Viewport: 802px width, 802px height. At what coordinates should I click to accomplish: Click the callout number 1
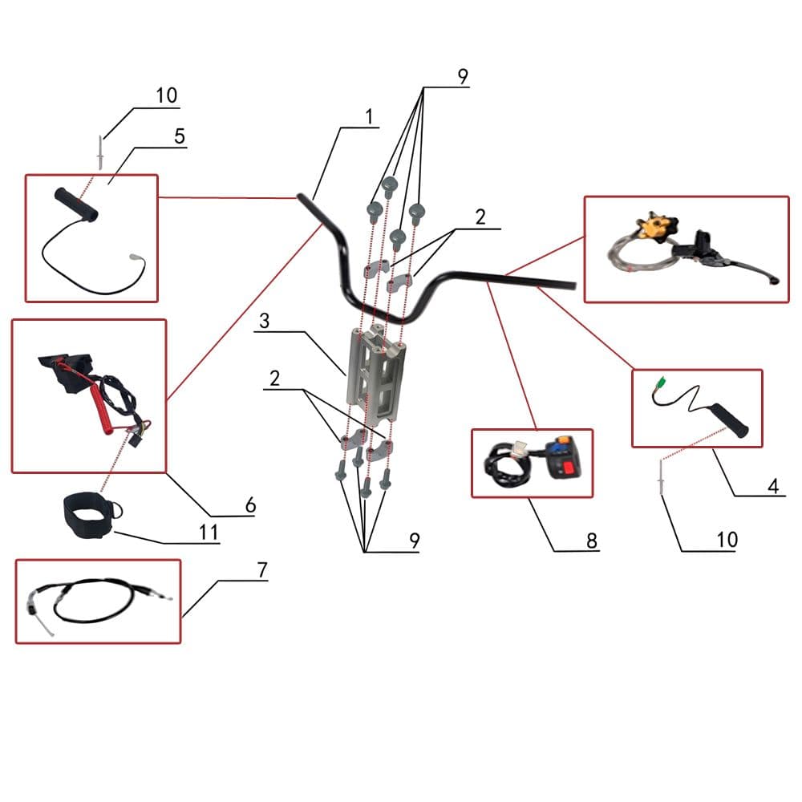click(x=369, y=116)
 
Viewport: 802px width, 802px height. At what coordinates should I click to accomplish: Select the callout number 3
click(x=264, y=321)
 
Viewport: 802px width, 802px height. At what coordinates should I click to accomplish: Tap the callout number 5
click(x=179, y=136)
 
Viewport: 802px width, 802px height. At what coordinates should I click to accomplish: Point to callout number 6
click(x=250, y=504)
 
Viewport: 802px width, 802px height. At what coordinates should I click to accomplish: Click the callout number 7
click(x=262, y=569)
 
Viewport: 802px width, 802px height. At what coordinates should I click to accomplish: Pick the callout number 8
click(x=591, y=540)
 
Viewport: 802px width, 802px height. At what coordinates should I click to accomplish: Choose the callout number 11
click(x=209, y=532)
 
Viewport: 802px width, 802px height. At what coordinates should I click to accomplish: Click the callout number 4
click(x=773, y=485)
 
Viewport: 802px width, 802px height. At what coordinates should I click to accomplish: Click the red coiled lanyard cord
click(x=103, y=404)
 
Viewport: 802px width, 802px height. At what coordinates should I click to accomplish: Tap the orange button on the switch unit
click(x=564, y=439)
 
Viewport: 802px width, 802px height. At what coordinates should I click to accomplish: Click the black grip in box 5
click(x=75, y=205)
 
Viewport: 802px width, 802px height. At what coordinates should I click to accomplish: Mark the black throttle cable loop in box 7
click(x=95, y=600)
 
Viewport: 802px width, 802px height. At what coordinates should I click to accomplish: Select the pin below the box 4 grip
click(x=661, y=476)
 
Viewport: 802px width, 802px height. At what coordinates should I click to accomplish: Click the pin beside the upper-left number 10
click(x=100, y=152)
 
